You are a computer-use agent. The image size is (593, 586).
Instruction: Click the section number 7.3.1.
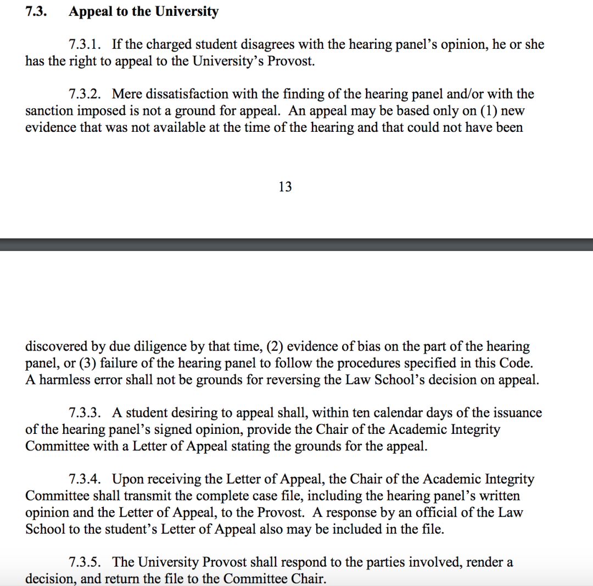(x=86, y=44)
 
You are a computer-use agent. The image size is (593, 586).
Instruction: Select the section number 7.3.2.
(x=86, y=94)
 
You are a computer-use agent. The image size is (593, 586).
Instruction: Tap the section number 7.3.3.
(x=86, y=413)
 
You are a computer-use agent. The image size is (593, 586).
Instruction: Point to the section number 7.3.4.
(x=86, y=479)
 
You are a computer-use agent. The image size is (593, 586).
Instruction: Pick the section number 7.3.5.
(x=86, y=562)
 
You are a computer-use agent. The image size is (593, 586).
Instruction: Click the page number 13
(x=285, y=187)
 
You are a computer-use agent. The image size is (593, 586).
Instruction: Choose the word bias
(x=375, y=347)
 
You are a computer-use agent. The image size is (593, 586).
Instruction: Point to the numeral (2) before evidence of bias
(x=274, y=347)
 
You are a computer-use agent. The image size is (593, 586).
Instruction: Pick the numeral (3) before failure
(x=88, y=364)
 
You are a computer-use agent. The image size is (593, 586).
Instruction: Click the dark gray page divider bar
(x=296, y=244)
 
